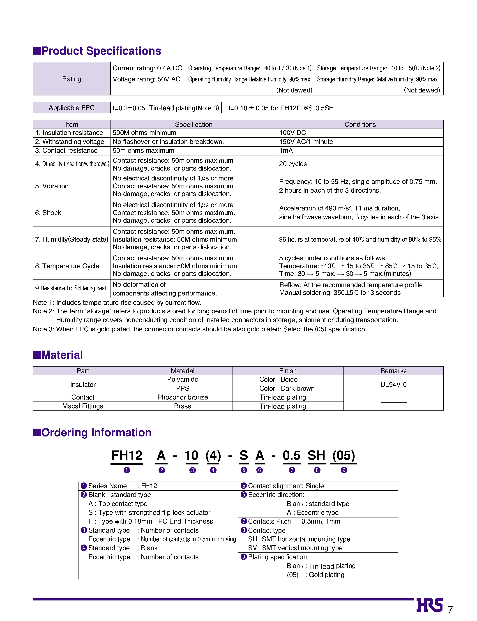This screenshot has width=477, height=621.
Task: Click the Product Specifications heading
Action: [97, 51]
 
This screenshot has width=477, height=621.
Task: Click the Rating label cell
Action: [71, 79]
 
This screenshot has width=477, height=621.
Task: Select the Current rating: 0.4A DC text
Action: [147, 68]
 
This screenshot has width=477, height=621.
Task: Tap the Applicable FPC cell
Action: [71, 108]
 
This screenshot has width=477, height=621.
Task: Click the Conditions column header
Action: [360, 124]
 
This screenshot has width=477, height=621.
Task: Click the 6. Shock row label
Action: [48, 213]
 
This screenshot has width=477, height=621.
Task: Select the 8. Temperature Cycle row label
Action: [67, 266]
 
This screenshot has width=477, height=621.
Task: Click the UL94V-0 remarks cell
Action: [393, 384]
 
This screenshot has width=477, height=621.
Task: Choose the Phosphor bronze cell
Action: [182, 397]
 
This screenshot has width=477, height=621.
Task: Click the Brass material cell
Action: [182, 406]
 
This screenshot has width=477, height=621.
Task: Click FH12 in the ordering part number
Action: [127, 455]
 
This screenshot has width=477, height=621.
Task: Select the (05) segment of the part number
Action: [343, 455]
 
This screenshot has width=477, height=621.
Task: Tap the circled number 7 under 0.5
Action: [292, 470]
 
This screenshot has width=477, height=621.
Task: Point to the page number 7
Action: [450, 610]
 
